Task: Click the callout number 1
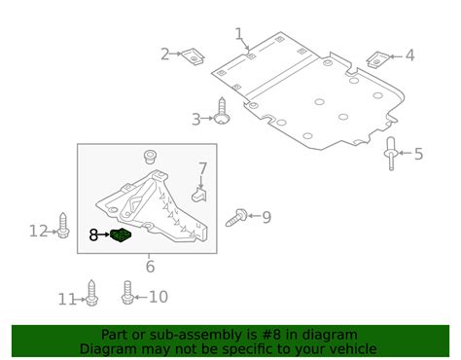[239, 34]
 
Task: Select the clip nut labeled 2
[193, 56]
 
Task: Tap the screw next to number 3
[222, 111]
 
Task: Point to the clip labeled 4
[377, 59]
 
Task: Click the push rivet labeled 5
[391, 154]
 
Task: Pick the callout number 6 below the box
[150, 267]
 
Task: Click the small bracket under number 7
[199, 195]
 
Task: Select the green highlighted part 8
[121, 234]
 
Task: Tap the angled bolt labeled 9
[236, 218]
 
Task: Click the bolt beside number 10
[127, 292]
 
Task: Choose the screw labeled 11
[91, 293]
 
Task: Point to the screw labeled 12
[63, 226]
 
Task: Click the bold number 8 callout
[93, 235]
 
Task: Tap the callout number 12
[39, 231]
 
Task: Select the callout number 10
[159, 297]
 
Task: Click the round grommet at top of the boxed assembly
[150, 158]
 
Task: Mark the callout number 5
[418, 154]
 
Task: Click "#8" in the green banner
[269, 335]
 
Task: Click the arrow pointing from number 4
[395, 56]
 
